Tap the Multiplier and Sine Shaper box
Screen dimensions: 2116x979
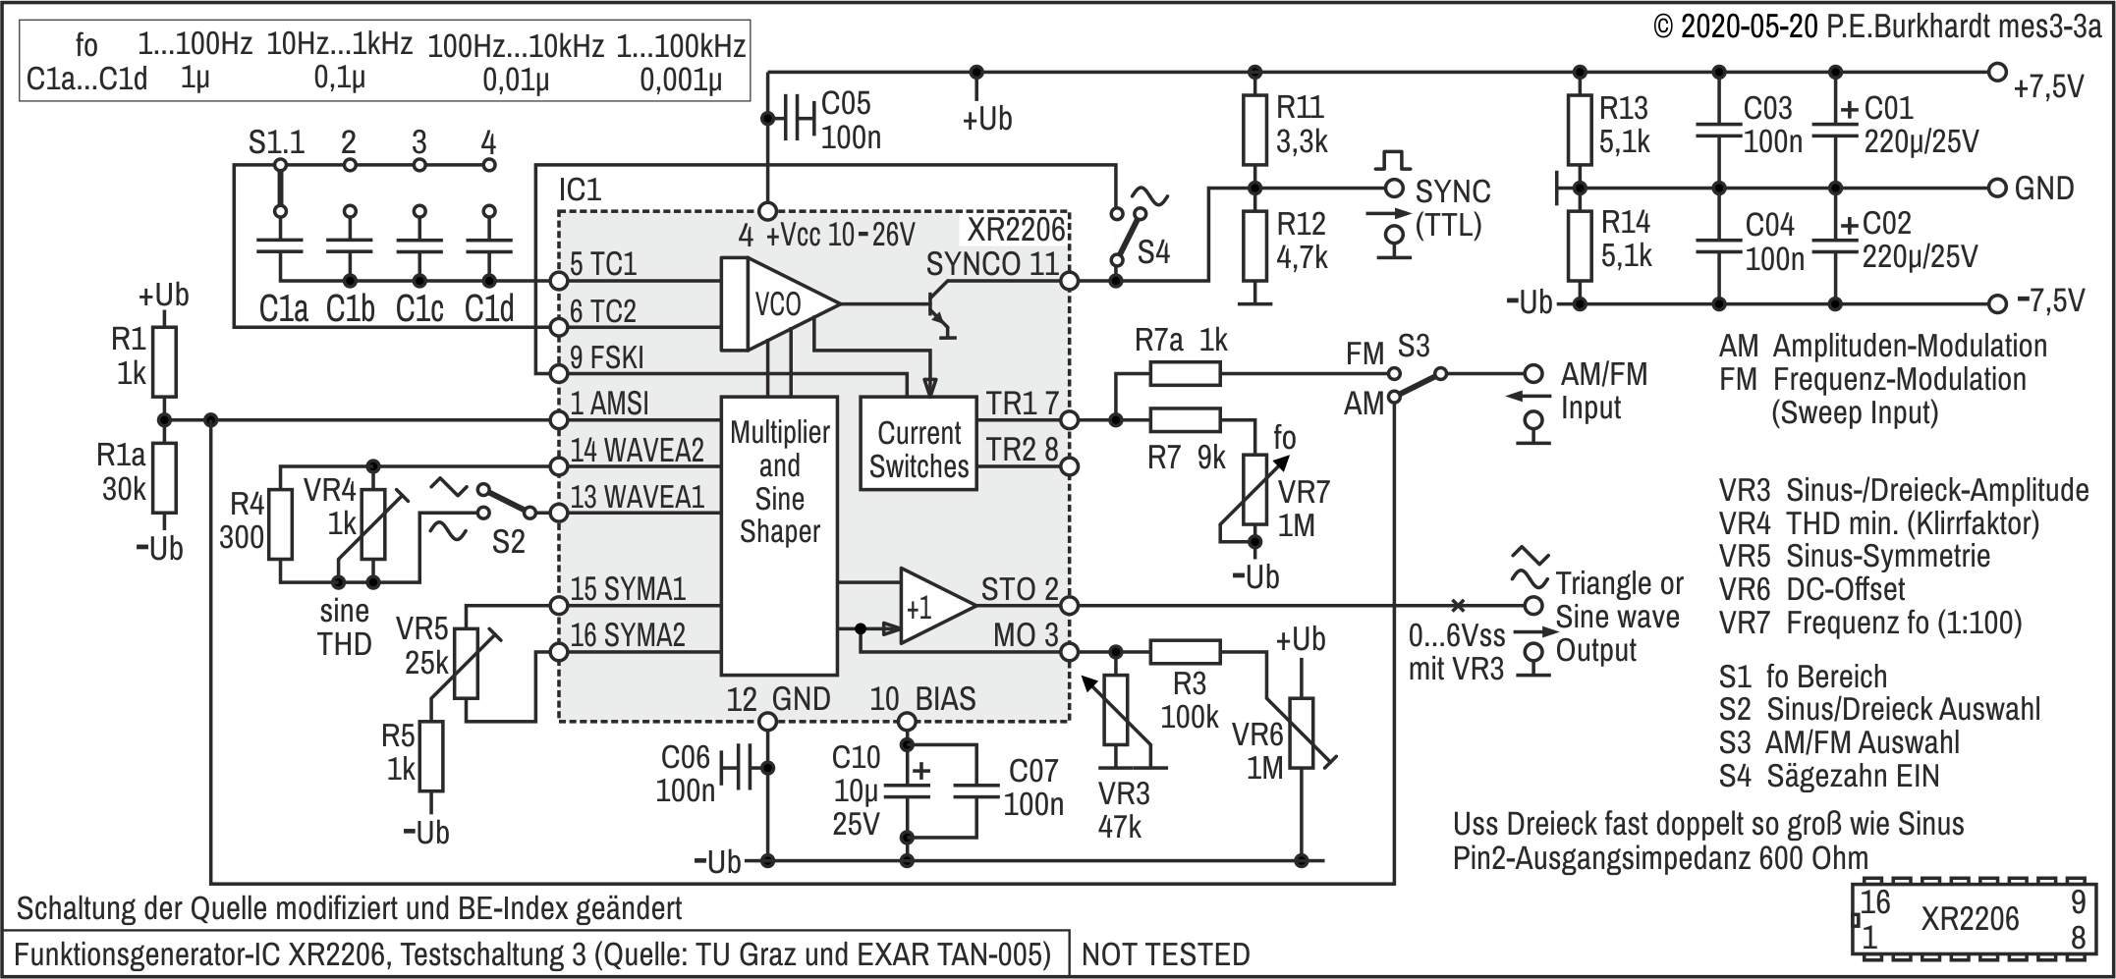click(779, 536)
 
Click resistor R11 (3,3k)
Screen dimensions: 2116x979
click(1253, 130)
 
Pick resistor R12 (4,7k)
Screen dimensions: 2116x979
click(1253, 245)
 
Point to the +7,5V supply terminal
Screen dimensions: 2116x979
click(1996, 72)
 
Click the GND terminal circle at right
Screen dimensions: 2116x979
click(1996, 188)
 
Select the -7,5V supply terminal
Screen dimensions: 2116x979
click(1996, 303)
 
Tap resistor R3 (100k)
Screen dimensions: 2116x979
click(1185, 651)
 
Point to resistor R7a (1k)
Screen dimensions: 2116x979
click(1185, 373)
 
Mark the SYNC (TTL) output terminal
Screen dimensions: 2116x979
click(1393, 188)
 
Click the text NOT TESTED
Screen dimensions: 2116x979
click(1165, 954)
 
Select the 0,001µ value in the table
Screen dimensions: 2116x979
click(681, 80)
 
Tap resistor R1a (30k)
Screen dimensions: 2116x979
click(164, 477)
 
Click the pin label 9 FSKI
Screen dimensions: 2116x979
click(606, 357)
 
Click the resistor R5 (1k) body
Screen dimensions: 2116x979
click(431, 756)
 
